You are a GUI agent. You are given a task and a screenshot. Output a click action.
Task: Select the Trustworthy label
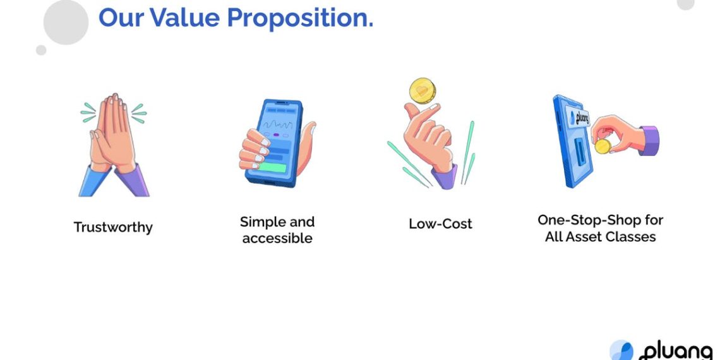pyautogui.click(x=113, y=227)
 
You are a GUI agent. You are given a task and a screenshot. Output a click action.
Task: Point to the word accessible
pyautogui.click(x=277, y=238)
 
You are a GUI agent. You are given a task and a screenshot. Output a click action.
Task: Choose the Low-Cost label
pyautogui.click(x=440, y=224)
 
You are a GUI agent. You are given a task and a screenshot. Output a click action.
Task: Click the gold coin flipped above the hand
pyautogui.click(x=423, y=90)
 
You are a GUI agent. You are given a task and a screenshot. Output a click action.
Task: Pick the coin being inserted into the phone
pyautogui.click(x=603, y=147)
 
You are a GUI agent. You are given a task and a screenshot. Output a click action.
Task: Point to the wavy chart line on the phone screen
pyautogui.click(x=277, y=124)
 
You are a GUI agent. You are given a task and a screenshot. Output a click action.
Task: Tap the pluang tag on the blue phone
pyautogui.click(x=578, y=117)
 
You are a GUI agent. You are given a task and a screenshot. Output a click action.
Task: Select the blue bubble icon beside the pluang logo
pyautogui.click(x=621, y=351)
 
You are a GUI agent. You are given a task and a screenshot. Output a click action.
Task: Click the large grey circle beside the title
pyautogui.click(x=66, y=22)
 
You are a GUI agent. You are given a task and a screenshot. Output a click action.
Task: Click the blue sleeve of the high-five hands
pyautogui.click(x=93, y=182)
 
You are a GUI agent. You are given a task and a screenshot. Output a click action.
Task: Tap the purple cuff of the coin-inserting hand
pyautogui.click(x=649, y=140)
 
